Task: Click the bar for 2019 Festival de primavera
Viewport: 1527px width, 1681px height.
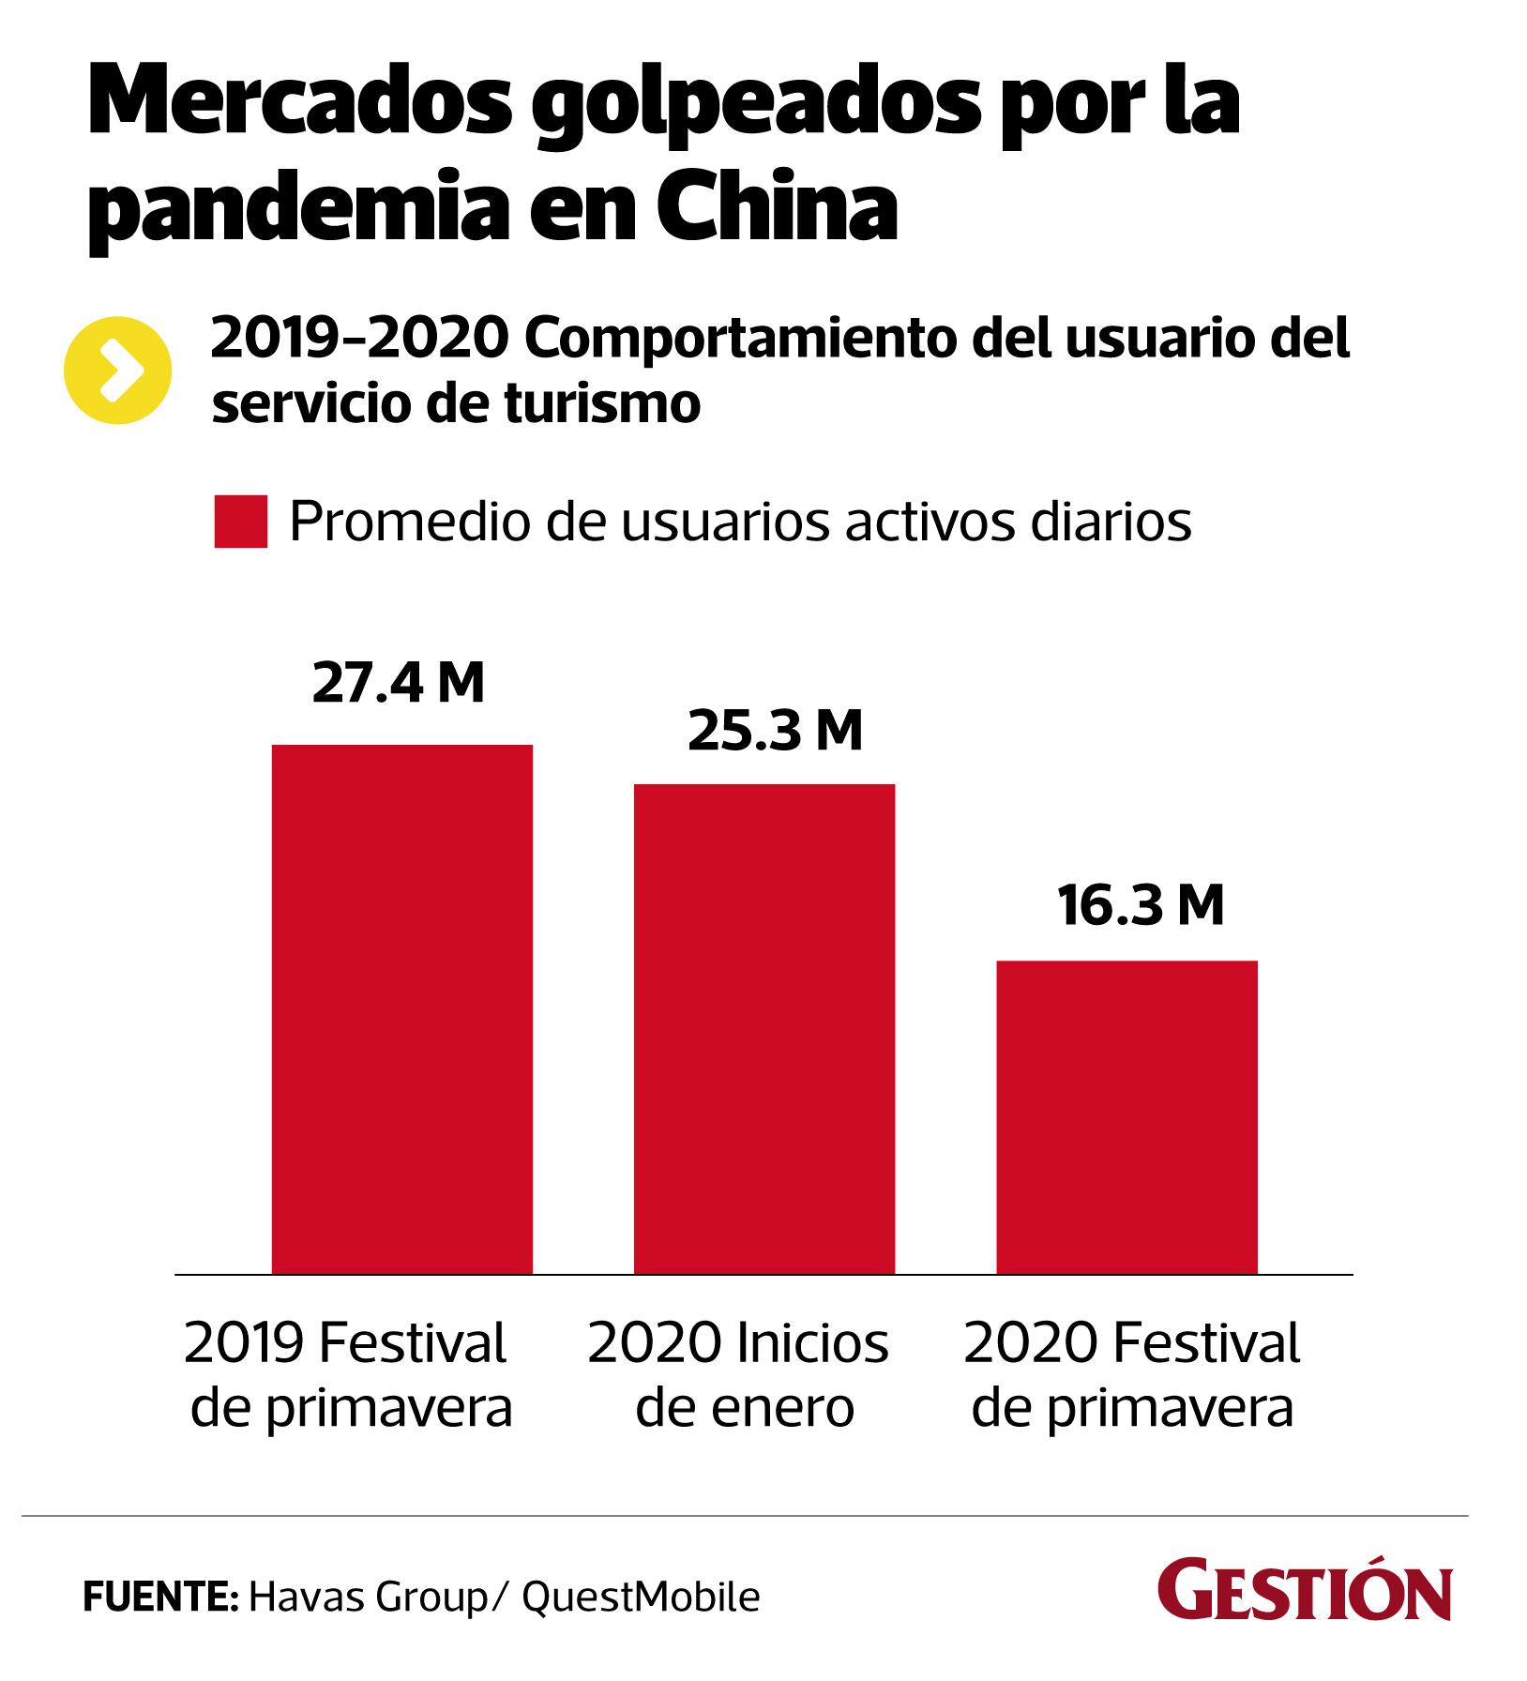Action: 401,1008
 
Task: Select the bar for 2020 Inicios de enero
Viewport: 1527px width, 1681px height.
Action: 764,1028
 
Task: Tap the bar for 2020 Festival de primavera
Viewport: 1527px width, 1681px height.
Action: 1126,1116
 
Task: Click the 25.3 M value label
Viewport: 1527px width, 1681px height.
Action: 775,732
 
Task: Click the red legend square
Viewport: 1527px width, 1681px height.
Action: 240,522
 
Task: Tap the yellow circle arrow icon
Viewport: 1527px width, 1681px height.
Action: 118,371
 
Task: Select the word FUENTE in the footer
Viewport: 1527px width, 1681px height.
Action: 159,1597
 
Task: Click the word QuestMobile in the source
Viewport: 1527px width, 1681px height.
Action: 641,1597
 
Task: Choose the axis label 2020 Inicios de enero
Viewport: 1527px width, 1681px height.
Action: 738,1375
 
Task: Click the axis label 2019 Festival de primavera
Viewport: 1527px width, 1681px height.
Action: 349,1375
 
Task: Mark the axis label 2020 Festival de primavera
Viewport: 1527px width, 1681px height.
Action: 1132,1375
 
